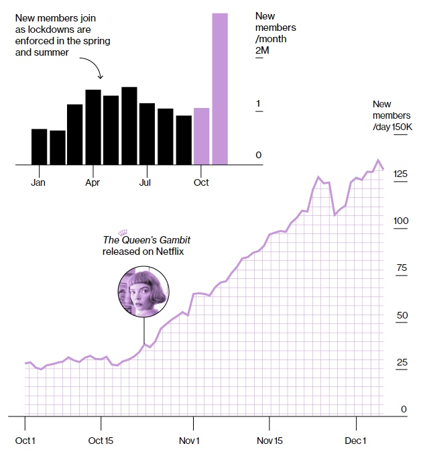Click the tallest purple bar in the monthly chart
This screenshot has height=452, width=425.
[x=220, y=89]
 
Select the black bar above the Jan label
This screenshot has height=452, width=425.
[x=40, y=146]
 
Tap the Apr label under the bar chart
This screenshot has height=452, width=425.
[x=93, y=182]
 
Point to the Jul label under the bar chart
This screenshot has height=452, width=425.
[x=145, y=182]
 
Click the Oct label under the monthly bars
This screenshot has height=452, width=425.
[x=200, y=182]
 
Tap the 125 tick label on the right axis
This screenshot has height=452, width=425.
[x=400, y=174]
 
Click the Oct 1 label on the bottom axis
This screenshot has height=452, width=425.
[x=26, y=441]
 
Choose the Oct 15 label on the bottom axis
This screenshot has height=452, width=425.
[x=101, y=441]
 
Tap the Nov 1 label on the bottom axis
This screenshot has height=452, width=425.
[x=190, y=441]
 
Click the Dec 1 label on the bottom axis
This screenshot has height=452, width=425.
[x=355, y=441]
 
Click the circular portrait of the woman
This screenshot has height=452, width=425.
[x=143, y=293]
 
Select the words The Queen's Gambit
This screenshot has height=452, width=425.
[x=141, y=240]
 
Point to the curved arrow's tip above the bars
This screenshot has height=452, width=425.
[x=99, y=78]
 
